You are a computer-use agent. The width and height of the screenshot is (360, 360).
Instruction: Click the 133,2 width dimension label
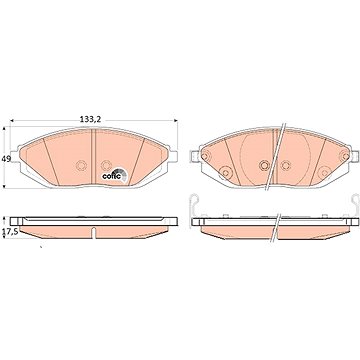click(x=90, y=119)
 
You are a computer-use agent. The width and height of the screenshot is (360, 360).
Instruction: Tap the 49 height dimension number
click(x=5, y=159)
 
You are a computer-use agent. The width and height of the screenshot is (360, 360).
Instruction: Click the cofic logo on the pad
click(x=115, y=175)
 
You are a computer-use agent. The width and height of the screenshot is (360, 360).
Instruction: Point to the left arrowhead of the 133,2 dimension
click(x=12, y=120)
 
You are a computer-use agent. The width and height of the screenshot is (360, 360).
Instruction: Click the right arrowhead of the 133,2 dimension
click(x=175, y=120)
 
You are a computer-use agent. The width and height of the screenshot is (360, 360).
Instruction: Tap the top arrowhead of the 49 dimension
click(x=4, y=128)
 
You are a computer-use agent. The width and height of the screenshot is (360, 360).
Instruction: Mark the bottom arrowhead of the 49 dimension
click(x=4, y=186)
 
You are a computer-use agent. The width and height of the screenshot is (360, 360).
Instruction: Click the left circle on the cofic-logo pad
click(x=81, y=165)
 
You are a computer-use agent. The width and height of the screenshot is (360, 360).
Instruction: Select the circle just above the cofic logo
click(x=106, y=165)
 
